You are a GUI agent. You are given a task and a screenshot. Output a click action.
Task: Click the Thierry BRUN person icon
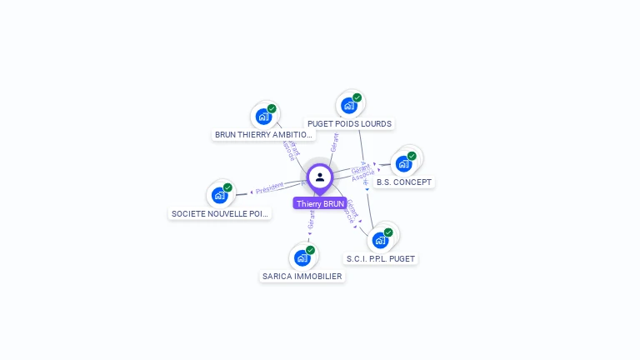(x=320, y=177)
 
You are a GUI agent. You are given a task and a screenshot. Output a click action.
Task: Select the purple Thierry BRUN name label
(x=320, y=203)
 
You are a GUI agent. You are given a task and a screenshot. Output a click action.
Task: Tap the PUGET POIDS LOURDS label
(x=349, y=124)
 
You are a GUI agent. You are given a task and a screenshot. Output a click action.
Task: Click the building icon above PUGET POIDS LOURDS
(x=349, y=106)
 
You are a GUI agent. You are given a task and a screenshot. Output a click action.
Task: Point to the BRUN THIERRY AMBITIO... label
(x=263, y=134)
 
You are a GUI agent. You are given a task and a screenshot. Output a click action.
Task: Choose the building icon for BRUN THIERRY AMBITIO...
(x=264, y=117)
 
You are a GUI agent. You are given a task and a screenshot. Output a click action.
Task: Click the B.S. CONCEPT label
(x=405, y=182)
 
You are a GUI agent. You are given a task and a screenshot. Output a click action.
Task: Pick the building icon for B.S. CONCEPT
(x=404, y=163)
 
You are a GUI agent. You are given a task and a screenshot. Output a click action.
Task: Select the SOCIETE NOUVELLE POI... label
(x=221, y=213)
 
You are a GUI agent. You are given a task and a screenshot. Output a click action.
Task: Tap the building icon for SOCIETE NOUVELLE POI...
(x=220, y=195)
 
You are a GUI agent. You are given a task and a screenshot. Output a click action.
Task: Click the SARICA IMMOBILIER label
(x=302, y=276)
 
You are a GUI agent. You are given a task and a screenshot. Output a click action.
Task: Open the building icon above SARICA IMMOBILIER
(x=302, y=257)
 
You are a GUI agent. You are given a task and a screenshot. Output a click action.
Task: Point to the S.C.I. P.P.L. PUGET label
(x=381, y=258)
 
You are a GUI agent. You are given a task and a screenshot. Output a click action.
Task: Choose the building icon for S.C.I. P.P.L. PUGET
(x=381, y=240)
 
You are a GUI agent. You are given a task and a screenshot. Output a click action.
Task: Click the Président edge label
(x=270, y=189)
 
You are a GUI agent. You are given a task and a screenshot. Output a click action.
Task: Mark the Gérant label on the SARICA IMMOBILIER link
(x=312, y=221)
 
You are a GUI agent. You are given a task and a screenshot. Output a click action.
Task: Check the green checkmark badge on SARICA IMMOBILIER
(x=310, y=250)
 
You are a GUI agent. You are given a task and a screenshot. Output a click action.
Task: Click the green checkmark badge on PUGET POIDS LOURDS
(x=357, y=98)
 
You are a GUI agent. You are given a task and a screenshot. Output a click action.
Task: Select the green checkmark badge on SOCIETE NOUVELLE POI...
(x=227, y=187)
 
